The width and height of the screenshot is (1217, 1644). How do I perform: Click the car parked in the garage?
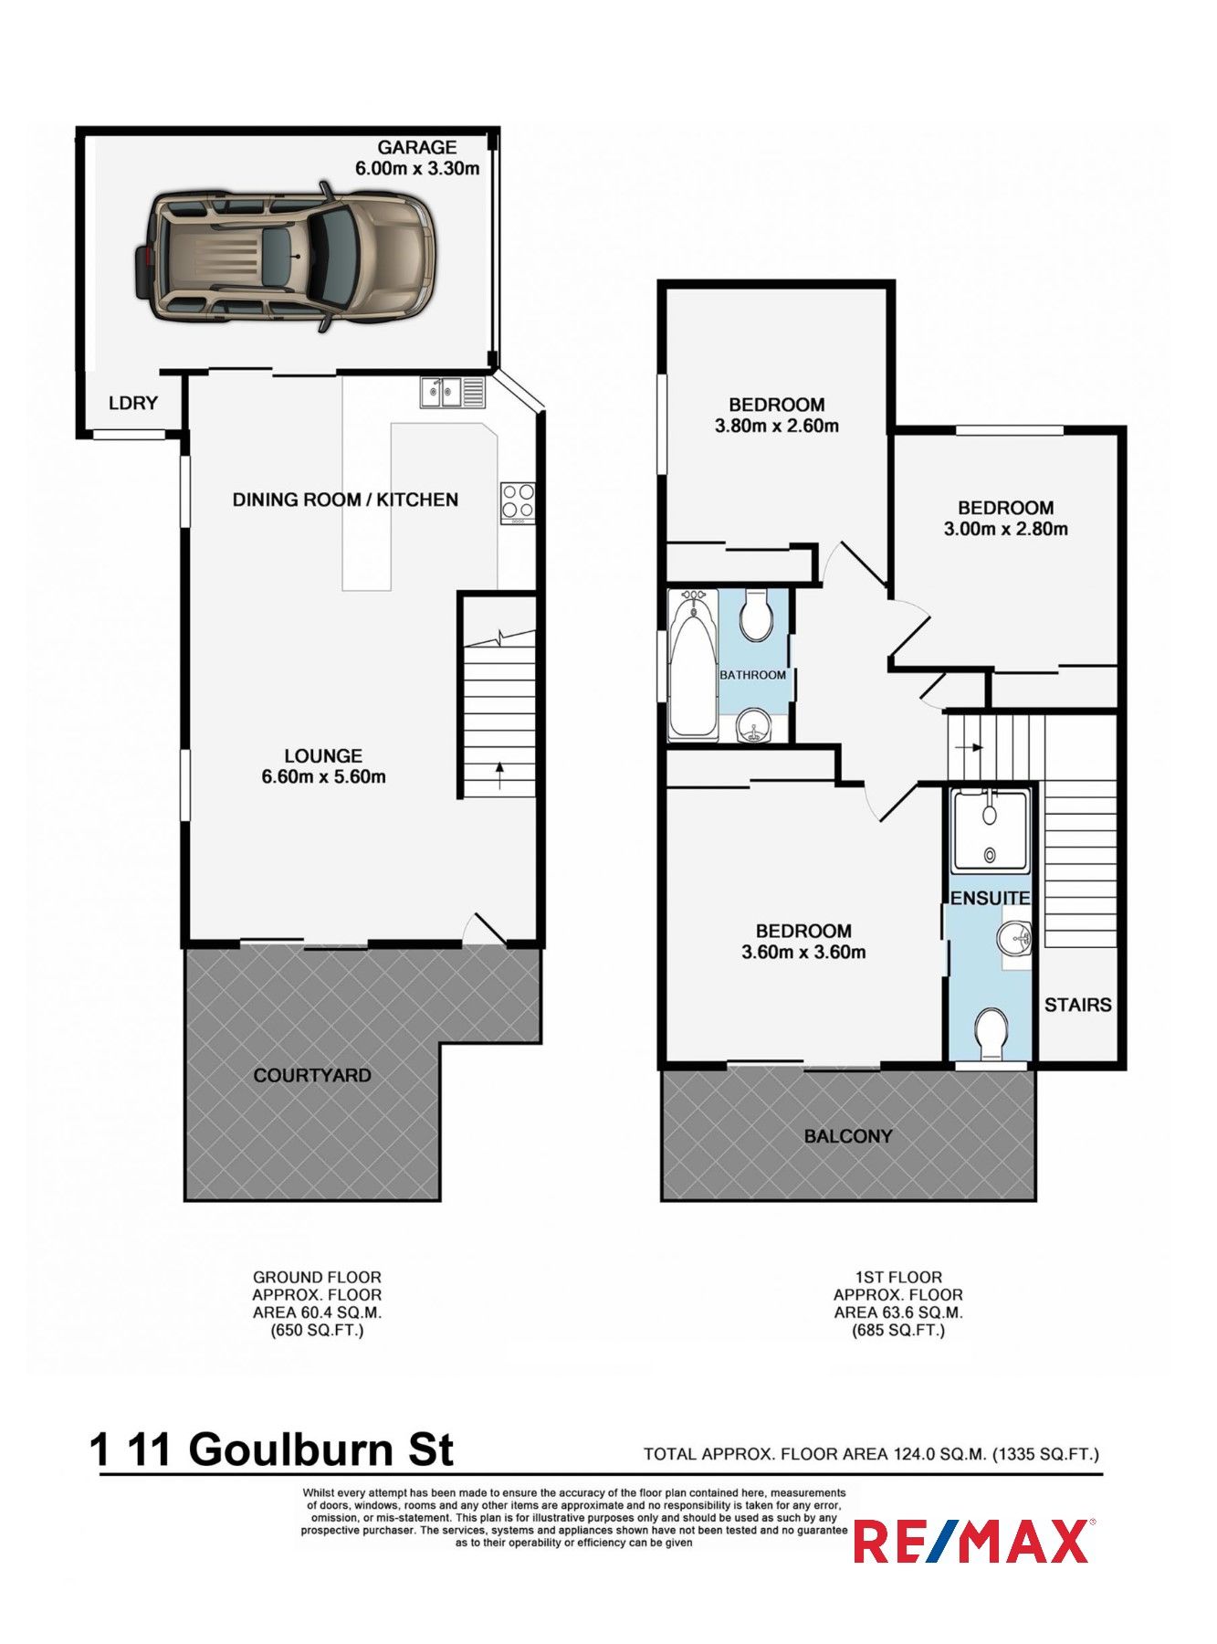tap(285, 257)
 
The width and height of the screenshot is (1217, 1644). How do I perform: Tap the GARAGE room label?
tap(417, 147)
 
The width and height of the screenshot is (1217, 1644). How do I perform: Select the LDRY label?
tap(133, 403)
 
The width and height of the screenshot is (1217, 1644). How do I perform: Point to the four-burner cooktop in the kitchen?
tap(518, 503)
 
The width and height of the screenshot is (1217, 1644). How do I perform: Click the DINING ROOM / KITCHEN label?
tap(345, 500)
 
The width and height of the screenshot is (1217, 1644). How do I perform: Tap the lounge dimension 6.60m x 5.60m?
tap(323, 777)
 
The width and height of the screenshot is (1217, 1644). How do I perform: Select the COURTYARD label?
tap(312, 1075)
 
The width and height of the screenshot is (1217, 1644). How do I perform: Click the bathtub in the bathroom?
tap(694, 664)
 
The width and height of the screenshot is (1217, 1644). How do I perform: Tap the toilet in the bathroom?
tap(755, 614)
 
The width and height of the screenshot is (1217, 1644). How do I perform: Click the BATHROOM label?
tap(752, 675)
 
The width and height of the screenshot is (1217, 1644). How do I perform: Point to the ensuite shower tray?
tap(990, 830)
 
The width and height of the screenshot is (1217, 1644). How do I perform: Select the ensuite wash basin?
tap(1015, 937)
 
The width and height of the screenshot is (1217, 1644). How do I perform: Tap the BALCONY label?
tap(848, 1136)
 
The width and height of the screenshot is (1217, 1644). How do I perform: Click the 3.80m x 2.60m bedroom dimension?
tap(777, 426)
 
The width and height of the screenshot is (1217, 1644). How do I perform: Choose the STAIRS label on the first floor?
tap(1078, 1005)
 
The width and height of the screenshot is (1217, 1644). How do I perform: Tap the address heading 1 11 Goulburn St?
tap(272, 1449)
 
